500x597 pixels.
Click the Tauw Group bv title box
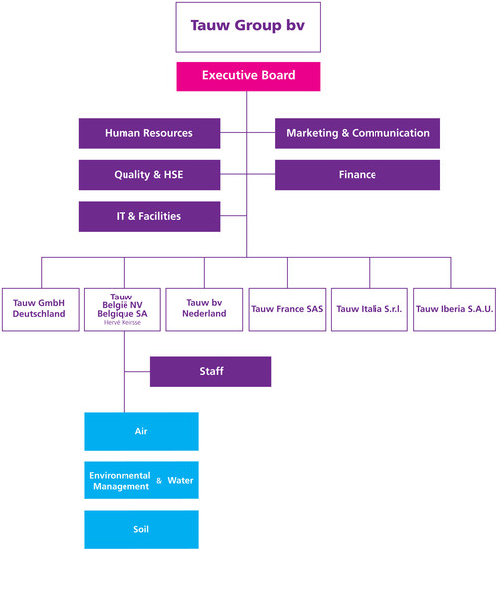(x=248, y=27)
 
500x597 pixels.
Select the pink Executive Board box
(x=248, y=77)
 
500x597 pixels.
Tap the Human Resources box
(x=149, y=133)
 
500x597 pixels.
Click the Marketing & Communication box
(x=358, y=133)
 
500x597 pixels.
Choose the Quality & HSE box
(x=149, y=175)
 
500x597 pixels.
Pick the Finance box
(x=358, y=175)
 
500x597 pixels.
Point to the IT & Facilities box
(x=149, y=217)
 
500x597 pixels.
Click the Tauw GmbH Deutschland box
(x=41, y=309)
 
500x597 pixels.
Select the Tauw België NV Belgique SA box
(x=123, y=309)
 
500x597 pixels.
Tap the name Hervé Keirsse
(x=123, y=322)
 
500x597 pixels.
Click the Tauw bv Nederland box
(x=204, y=309)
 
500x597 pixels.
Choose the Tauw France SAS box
(x=287, y=309)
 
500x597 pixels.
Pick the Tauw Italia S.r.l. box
(x=370, y=309)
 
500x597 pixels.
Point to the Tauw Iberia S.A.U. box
(x=454, y=309)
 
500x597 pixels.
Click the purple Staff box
(x=211, y=372)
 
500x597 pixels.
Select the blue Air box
(x=141, y=432)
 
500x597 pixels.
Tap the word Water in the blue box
(x=180, y=481)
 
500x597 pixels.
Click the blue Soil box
(x=141, y=530)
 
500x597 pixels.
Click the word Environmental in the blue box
(x=120, y=476)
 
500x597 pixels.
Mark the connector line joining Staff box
(x=137, y=371)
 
